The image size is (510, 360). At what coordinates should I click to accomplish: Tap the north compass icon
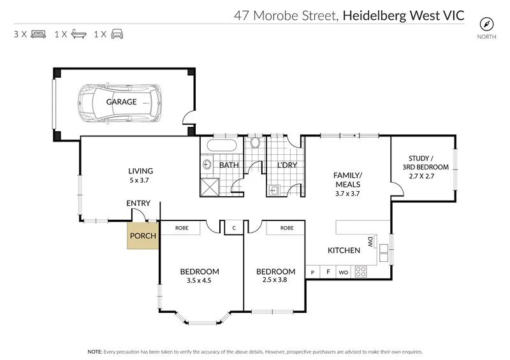tap(488, 24)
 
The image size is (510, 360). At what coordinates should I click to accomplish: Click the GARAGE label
tap(121, 102)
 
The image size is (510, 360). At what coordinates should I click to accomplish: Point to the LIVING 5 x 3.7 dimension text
tap(140, 180)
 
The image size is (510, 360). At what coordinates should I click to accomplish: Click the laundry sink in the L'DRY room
tap(275, 189)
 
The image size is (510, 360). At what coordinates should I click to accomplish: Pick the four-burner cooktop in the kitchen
tap(361, 272)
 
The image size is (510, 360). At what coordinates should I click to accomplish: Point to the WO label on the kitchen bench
tap(343, 273)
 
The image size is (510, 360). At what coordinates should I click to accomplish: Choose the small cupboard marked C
tap(234, 227)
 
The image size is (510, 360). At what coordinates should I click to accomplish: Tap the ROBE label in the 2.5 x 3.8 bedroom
tap(287, 227)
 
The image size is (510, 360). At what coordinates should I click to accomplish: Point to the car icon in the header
tap(117, 34)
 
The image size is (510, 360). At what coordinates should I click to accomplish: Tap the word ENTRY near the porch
tap(138, 203)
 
